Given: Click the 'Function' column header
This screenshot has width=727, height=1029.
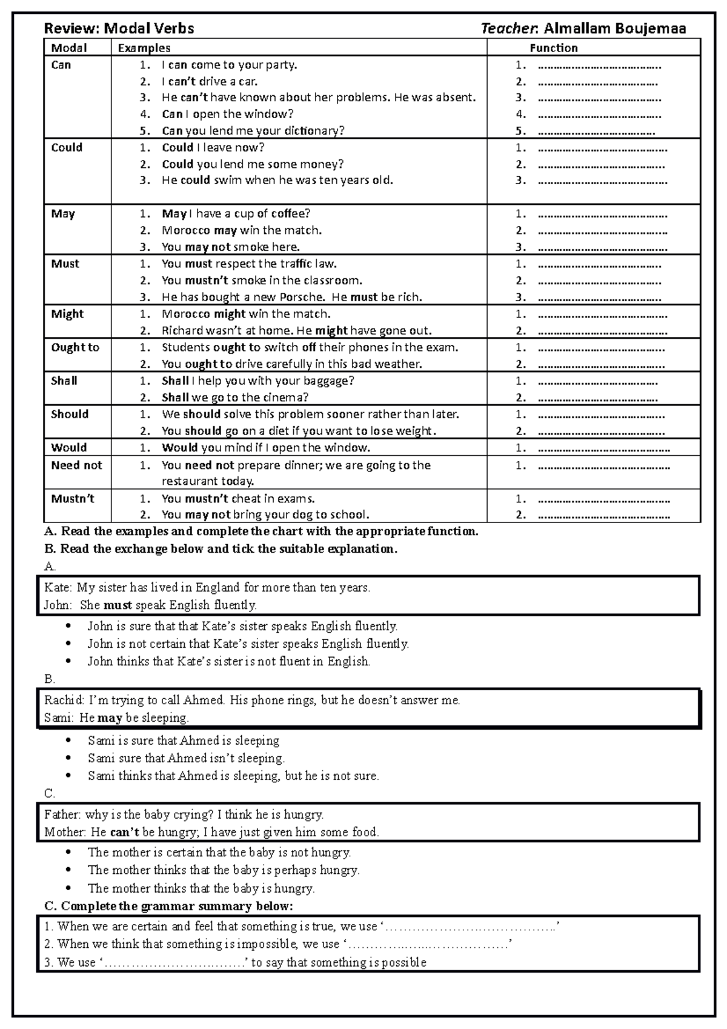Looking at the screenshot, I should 553,48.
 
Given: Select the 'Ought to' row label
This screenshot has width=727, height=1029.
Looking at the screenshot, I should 75,347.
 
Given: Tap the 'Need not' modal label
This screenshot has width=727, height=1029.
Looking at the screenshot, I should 76,465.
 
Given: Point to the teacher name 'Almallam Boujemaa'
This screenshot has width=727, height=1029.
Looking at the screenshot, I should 615,28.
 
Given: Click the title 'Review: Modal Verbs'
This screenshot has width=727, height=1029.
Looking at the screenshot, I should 119,28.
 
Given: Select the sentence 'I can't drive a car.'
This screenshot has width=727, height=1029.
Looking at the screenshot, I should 209,81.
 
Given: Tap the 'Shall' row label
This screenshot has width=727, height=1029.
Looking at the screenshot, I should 64,381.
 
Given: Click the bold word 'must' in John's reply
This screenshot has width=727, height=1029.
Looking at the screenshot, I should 118,605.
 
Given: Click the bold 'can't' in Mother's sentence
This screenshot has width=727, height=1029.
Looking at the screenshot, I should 125,832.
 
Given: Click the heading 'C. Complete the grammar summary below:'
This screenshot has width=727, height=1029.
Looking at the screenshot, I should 169,906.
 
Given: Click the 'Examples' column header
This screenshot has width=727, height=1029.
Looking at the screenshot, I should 144,48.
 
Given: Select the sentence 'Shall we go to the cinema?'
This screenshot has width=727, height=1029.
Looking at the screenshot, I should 235,398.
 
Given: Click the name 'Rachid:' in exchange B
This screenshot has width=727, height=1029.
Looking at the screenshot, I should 65,700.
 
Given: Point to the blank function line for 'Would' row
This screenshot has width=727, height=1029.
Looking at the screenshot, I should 603,448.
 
